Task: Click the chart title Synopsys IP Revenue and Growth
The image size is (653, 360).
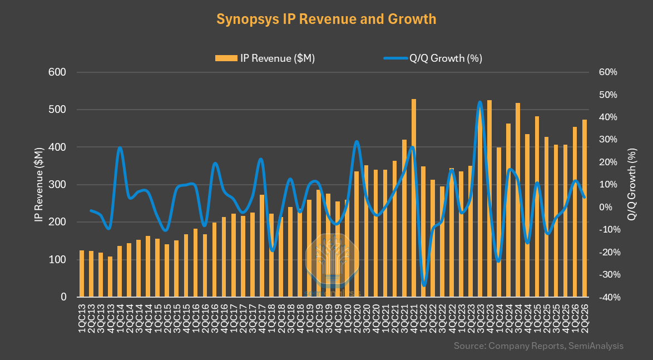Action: point(326,19)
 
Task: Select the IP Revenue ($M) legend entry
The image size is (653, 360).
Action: point(265,58)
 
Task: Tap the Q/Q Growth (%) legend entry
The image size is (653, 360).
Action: point(433,58)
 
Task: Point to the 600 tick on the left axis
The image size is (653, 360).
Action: point(58,72)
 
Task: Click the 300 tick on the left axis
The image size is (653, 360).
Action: point(58,185)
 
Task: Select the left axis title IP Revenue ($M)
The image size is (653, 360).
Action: point(39,185)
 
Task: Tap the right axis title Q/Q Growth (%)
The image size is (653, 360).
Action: point(632,185)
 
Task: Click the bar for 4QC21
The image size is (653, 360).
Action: point(414,198)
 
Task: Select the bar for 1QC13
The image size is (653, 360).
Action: point(82,274)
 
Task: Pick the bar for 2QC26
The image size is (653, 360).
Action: point(585,208)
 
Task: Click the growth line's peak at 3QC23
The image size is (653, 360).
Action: point(480,102)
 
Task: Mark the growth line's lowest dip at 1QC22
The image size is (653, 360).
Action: point(424,285)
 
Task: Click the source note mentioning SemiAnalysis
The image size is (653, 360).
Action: point(539,346)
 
